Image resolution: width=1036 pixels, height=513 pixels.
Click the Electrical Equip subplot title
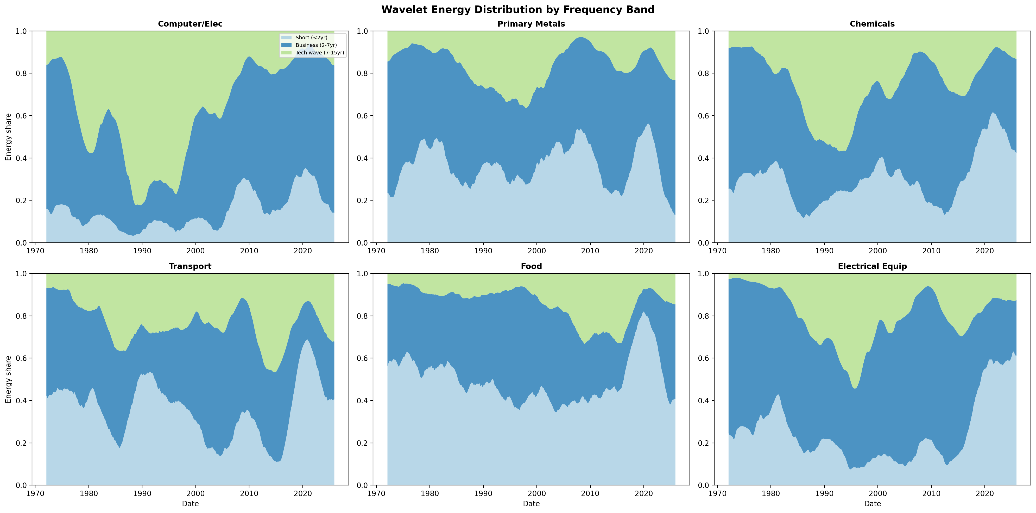click(x=872, y=266)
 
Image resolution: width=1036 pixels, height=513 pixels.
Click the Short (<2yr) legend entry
click(x=311, y=37)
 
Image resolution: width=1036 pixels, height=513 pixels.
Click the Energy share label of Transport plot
click(x=8, y=379)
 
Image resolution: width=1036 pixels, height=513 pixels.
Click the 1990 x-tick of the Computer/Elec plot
click(x=142, y=251)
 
